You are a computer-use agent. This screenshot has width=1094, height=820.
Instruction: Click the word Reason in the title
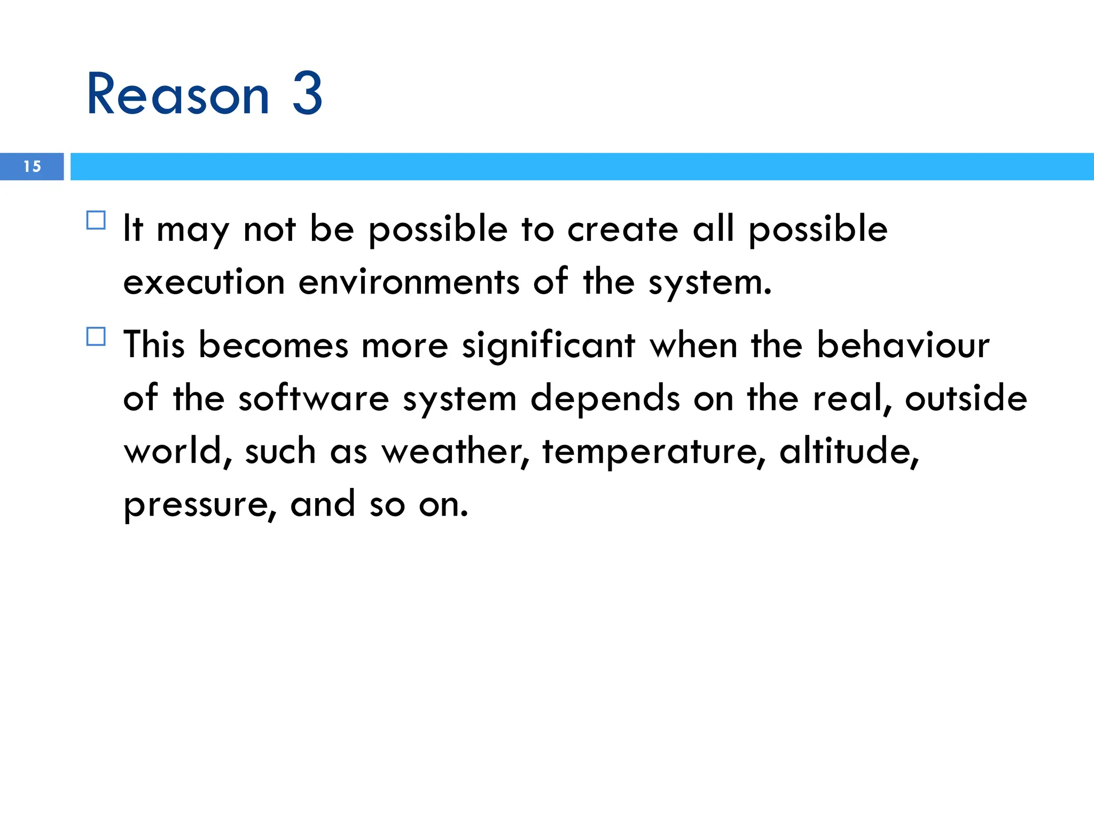[178, 94]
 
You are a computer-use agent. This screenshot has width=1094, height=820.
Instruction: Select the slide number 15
[32, 167]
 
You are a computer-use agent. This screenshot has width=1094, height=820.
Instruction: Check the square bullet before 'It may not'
[96, 220]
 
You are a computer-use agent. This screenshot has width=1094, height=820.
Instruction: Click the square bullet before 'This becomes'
[96, 336]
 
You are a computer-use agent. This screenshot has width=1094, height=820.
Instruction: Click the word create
[623, 229]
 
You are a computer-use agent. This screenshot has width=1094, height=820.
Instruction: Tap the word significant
[549, 346]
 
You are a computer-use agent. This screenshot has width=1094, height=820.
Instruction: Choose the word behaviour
[903, 345]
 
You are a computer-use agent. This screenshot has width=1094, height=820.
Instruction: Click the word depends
[605, 399]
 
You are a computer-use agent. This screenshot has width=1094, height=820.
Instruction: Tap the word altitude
[849, 451]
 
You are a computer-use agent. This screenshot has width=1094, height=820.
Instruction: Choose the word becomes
[273, 345]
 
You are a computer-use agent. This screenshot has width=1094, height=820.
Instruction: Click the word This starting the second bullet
[154, 345]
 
